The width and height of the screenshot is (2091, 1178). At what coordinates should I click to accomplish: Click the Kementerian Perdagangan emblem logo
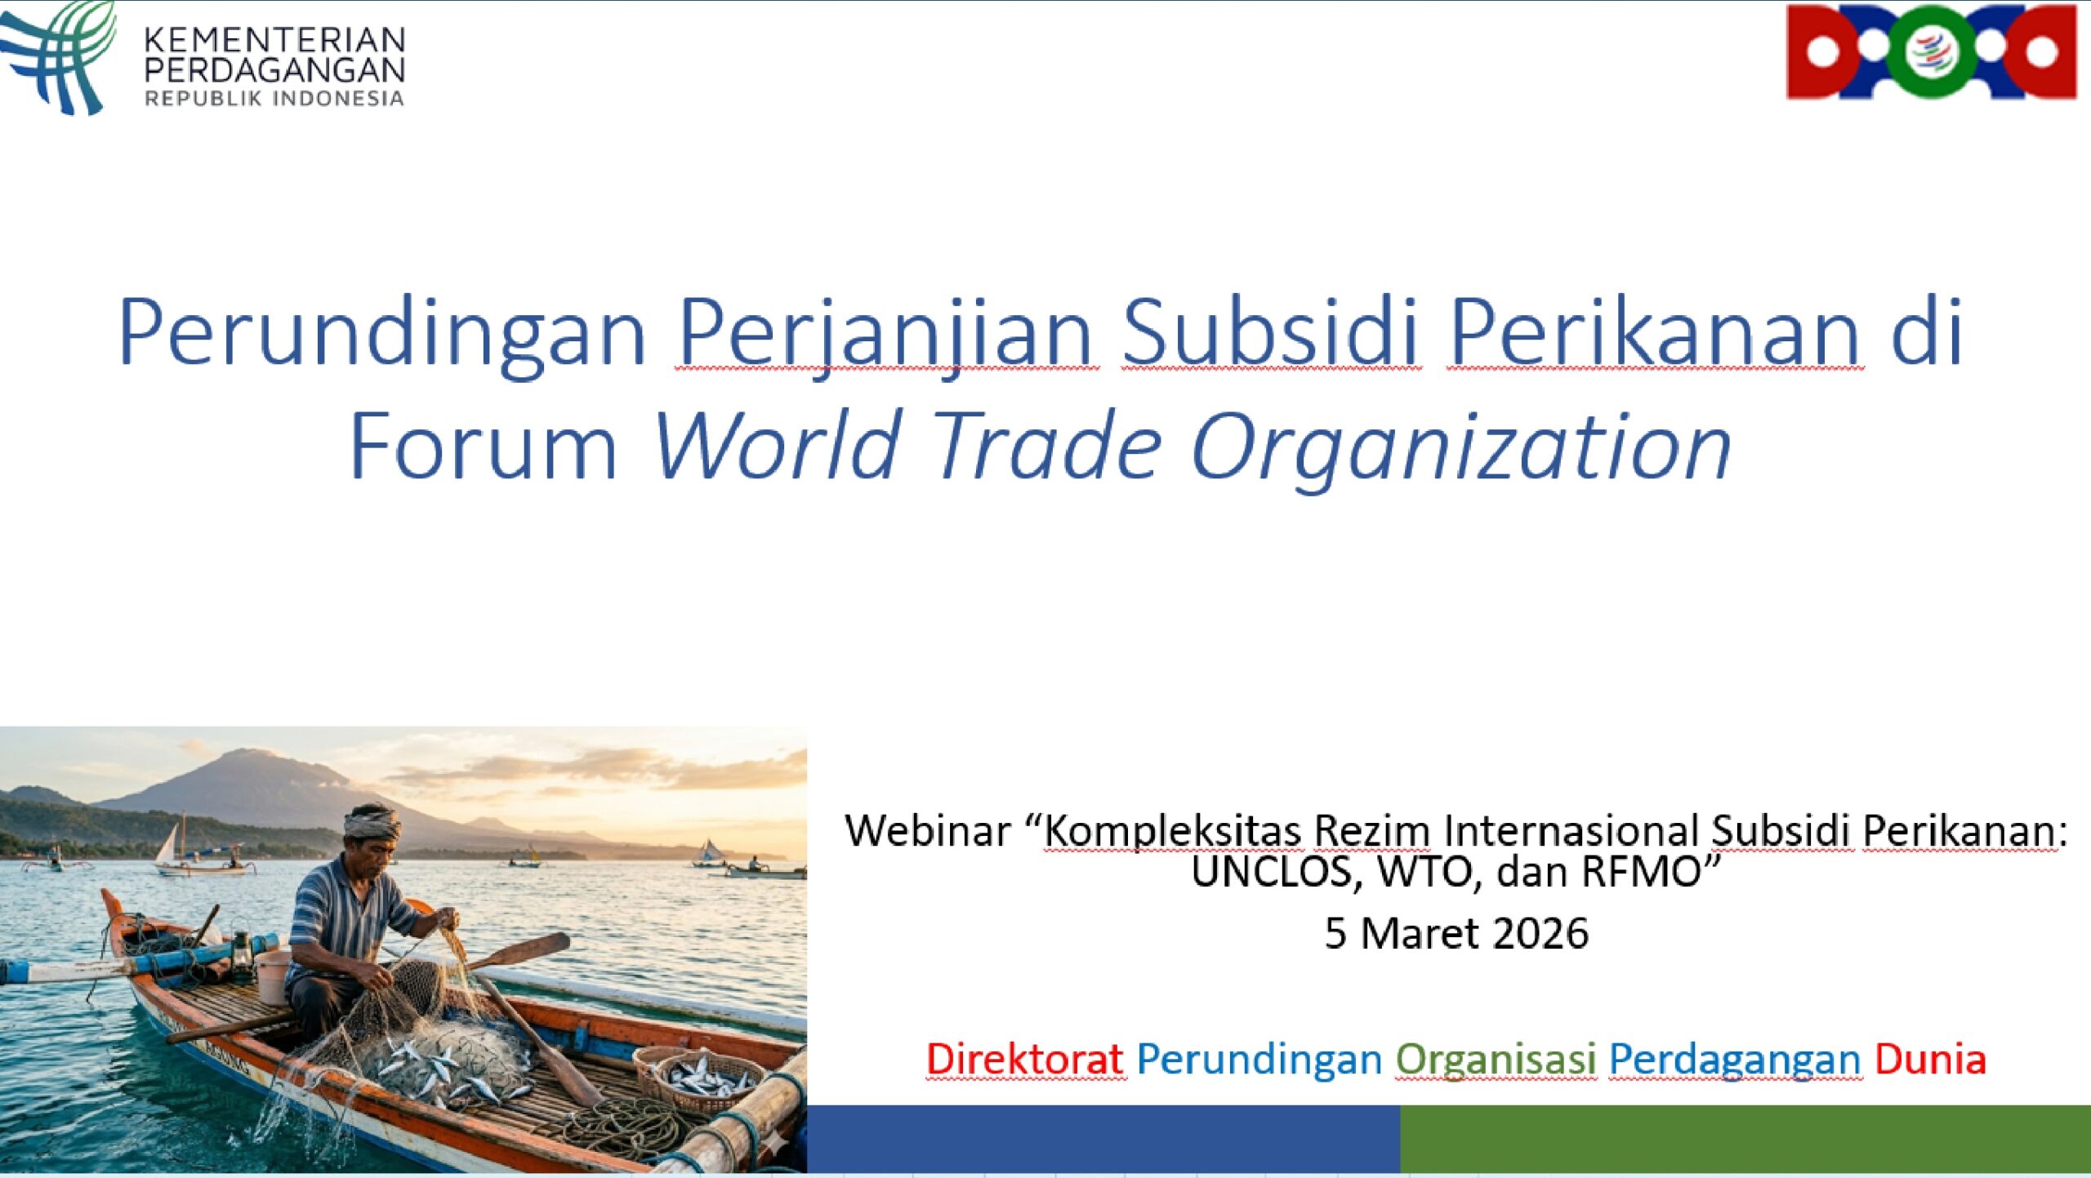[57, 57]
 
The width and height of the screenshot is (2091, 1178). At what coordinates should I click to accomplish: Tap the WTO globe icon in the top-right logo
[1931, 51]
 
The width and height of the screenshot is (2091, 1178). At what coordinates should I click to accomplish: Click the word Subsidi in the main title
[1270, 333]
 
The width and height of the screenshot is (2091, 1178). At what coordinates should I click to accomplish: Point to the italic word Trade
[1046, 445]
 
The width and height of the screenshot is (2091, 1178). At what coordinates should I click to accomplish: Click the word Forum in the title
[484, 446]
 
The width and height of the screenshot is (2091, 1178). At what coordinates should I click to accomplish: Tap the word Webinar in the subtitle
[928, 830]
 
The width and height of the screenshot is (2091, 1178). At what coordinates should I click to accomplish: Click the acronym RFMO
[1641, 871]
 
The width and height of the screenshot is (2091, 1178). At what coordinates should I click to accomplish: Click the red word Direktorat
[1025, 1059]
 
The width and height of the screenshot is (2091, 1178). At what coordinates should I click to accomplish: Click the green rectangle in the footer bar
[1745, 1139]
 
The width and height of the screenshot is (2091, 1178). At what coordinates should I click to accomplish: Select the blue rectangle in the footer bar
[1103, 1139]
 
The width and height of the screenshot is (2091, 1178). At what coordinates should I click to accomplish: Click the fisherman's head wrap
[372, 822]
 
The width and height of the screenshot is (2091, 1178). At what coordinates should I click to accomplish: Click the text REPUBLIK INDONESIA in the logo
[274, 99]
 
